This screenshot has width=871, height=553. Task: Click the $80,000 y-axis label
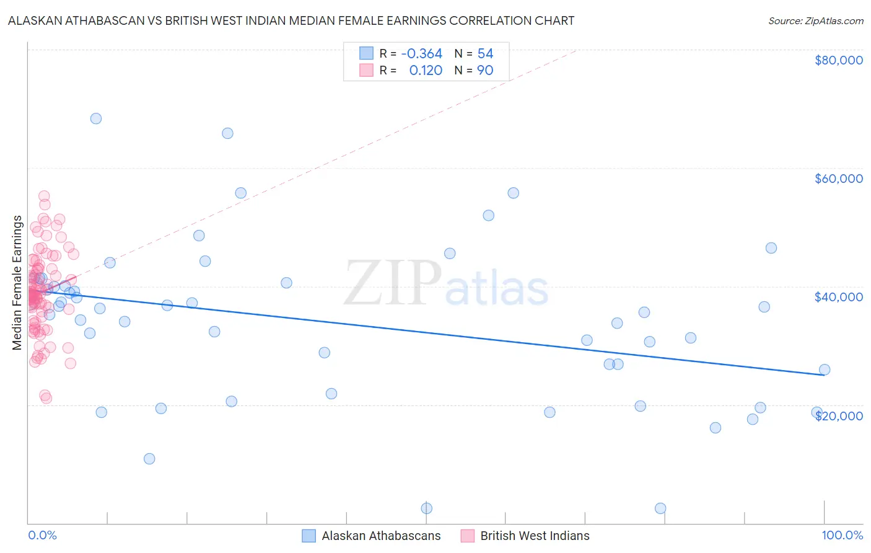[x=838, y=60]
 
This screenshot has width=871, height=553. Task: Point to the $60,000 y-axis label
[x=838, y=179]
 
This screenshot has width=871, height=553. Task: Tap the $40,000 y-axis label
[x=838, y=297]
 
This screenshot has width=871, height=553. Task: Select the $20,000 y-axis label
[x=838, y=416]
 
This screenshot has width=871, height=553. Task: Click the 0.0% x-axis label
[x=42, y=536]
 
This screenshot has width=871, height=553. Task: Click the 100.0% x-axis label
[x=842, y=536]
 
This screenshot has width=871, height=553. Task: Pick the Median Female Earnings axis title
[x=17, y=283]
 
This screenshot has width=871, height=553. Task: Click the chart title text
[x=291, y=20]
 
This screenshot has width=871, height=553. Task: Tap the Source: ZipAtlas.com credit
[x=815, y=20]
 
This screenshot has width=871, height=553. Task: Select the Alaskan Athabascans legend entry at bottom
[x=380, y=536]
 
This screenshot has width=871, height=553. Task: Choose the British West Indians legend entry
[x=535, y=536]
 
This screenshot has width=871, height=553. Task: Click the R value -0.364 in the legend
[x=421, y=54]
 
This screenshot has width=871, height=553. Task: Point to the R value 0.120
[x=426, y=71]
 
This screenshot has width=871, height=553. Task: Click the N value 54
[x=485, y=54]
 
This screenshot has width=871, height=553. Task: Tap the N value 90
[x=485, y=71]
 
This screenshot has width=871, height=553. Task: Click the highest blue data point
[x=96, y=118]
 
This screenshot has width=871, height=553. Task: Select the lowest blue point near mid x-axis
[x=427, y=508]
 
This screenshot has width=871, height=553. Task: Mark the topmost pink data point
[x=44, y=196]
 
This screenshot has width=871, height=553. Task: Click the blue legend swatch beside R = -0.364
[x=367, y=53]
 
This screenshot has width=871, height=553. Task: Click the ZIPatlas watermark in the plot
[x=446, y=284]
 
